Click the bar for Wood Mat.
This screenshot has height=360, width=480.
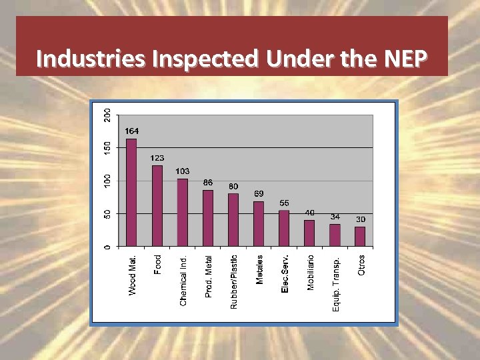131,193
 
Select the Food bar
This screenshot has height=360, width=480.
157,206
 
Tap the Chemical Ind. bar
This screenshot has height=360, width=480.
183,213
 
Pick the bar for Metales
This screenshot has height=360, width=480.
259,224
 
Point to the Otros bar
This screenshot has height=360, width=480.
360,237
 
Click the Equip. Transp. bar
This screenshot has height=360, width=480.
335,235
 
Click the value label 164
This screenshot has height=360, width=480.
131,131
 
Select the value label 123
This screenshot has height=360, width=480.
157,158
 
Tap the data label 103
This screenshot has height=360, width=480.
183,171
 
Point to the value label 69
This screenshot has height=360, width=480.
259,194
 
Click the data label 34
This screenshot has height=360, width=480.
335,217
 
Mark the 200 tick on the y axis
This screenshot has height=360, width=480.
108,115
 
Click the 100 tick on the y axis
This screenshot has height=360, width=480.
108,181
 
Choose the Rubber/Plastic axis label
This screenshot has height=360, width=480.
233,281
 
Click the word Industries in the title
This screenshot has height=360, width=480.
92,59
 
